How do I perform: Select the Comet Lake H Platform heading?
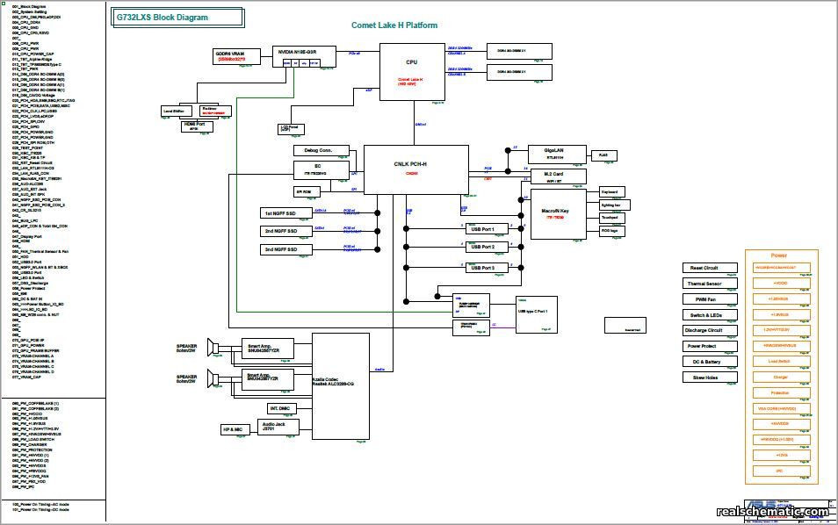point(394,25)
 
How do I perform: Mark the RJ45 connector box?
point(603,155)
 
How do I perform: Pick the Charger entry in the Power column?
point(779,378)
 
